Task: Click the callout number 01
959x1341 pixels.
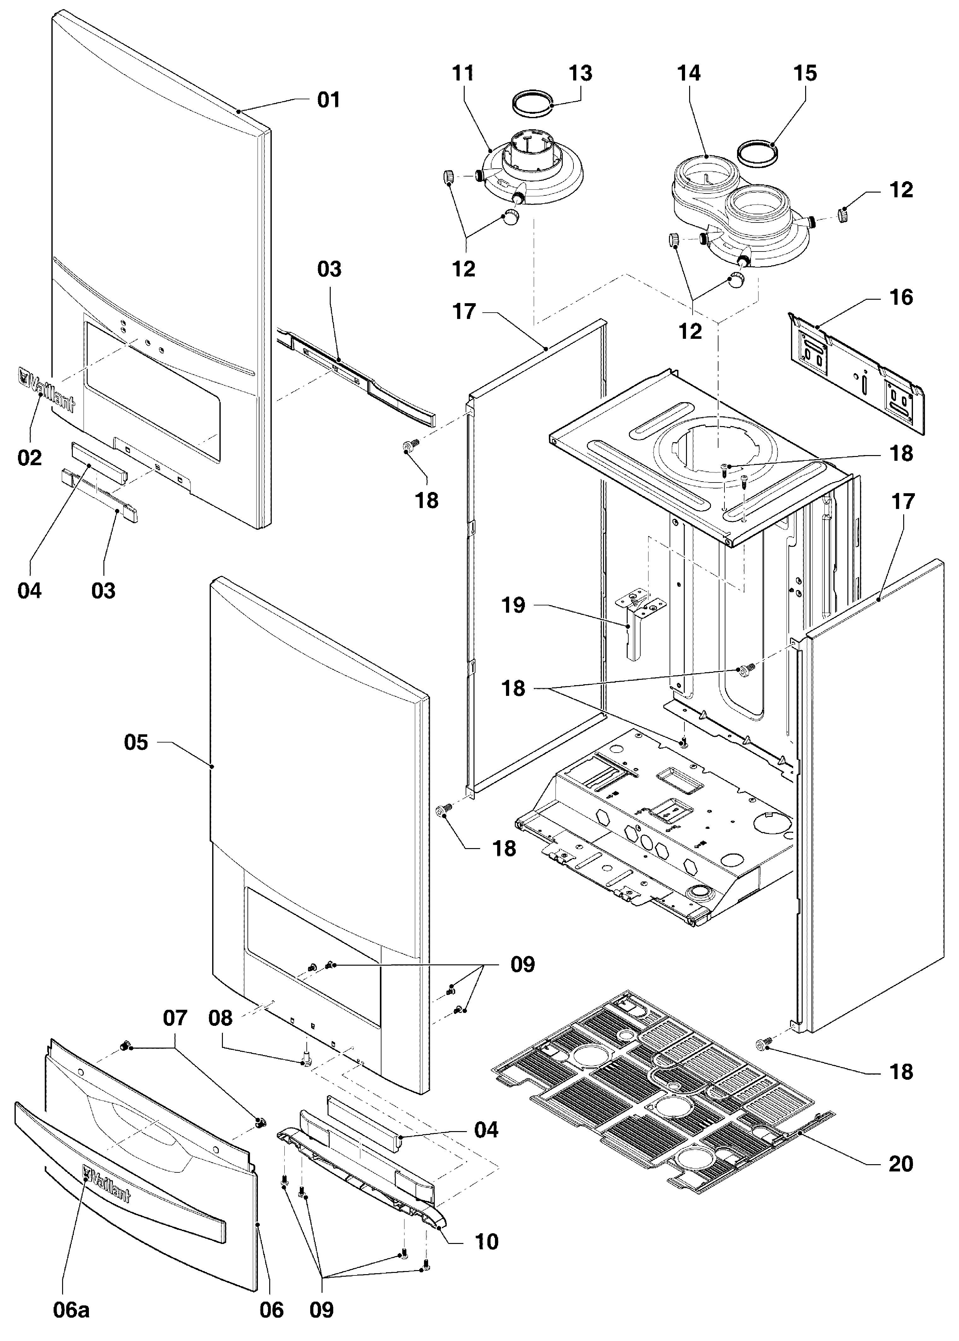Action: [329, 100]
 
